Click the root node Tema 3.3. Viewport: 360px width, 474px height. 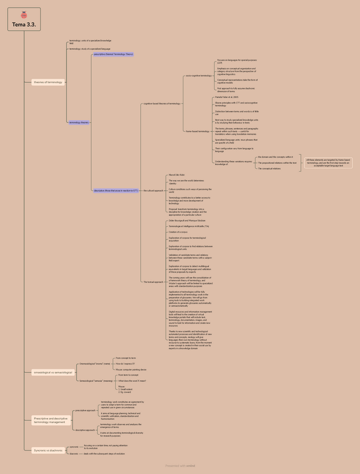coord(24,25)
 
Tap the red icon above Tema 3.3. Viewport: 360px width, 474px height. coord(24,15)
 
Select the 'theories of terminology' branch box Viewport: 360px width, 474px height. coord(48,82)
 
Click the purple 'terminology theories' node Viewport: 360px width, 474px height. coord(79,122)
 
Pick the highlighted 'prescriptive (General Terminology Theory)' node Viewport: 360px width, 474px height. coord(113,54)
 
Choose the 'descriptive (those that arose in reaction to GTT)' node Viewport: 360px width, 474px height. coord(116,191)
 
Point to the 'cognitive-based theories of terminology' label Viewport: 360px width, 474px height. coord(162,103)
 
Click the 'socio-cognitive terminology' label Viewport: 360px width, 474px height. coord(199,75)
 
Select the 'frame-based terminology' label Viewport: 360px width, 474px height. coord(197,131)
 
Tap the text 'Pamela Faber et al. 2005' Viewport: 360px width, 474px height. coord(227,97)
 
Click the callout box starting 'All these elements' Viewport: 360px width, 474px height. coord(328,163)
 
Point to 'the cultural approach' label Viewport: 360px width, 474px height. coord(153,191)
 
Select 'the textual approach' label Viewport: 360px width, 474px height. coord(153,282)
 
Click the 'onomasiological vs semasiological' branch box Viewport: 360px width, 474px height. coord(53,372)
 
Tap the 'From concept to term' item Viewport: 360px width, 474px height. coord(126,358)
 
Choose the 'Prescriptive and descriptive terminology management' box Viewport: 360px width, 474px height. coord(51,420)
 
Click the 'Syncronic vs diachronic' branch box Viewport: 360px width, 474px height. coord(48,450)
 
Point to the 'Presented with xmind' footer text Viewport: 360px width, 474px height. coord(180,465)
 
